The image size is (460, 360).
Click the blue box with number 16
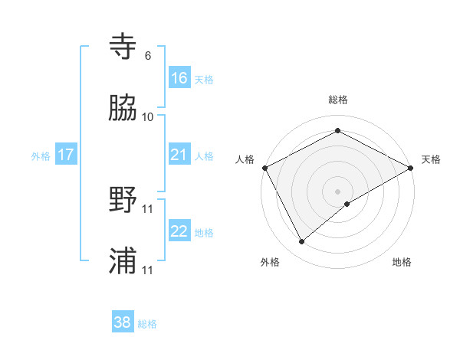pos(179,78)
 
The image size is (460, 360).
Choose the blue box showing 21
pos(179,155)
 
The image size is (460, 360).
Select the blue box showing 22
pos(179,231)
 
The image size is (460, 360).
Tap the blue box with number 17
pos(66,155)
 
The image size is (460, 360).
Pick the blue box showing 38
pos(123,322)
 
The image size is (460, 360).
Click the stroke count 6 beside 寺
pos(148,56)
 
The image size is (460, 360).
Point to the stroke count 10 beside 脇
pos(148,116)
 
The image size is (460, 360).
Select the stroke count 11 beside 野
pos(148,208)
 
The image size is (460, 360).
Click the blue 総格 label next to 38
pos(147,324)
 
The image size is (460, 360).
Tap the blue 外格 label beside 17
pos(41,156)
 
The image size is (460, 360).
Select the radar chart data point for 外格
pos(302,242)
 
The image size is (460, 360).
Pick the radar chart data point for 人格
pos(264,168)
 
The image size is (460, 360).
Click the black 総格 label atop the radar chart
pos(338,100)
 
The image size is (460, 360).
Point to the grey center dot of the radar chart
pos(338,191)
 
